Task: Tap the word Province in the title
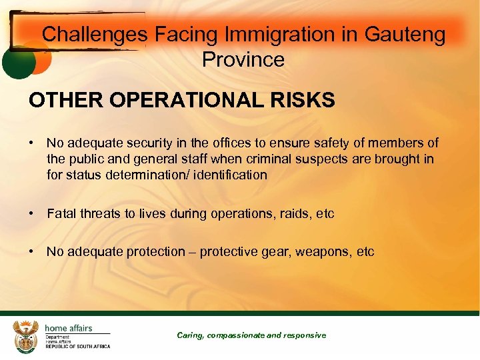243,59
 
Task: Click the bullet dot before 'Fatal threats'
32,214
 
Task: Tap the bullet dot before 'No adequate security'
32,143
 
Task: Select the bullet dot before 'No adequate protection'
32,252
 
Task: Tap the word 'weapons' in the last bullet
324,252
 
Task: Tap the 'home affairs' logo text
68,328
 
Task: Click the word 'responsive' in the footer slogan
305,335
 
